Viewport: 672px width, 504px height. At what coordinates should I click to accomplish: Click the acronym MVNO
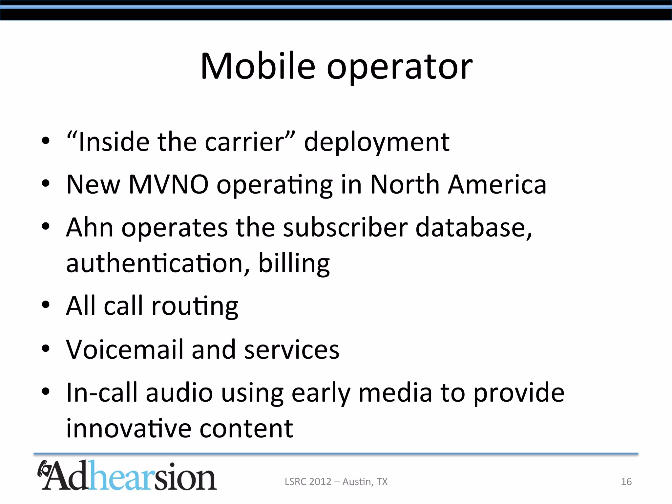(168, 184)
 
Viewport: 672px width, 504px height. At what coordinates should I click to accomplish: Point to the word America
(497, 184)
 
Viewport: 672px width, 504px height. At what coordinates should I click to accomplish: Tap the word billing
(294, 264)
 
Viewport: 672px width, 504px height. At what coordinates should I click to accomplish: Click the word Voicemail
(125, 349)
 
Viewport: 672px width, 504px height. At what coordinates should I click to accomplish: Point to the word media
(395, 393)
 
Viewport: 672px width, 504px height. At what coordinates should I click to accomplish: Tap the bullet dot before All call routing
(46, 304)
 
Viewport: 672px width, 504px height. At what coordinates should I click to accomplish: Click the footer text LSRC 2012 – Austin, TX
(336, 482)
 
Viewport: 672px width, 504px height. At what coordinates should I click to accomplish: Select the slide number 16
(626, 482)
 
